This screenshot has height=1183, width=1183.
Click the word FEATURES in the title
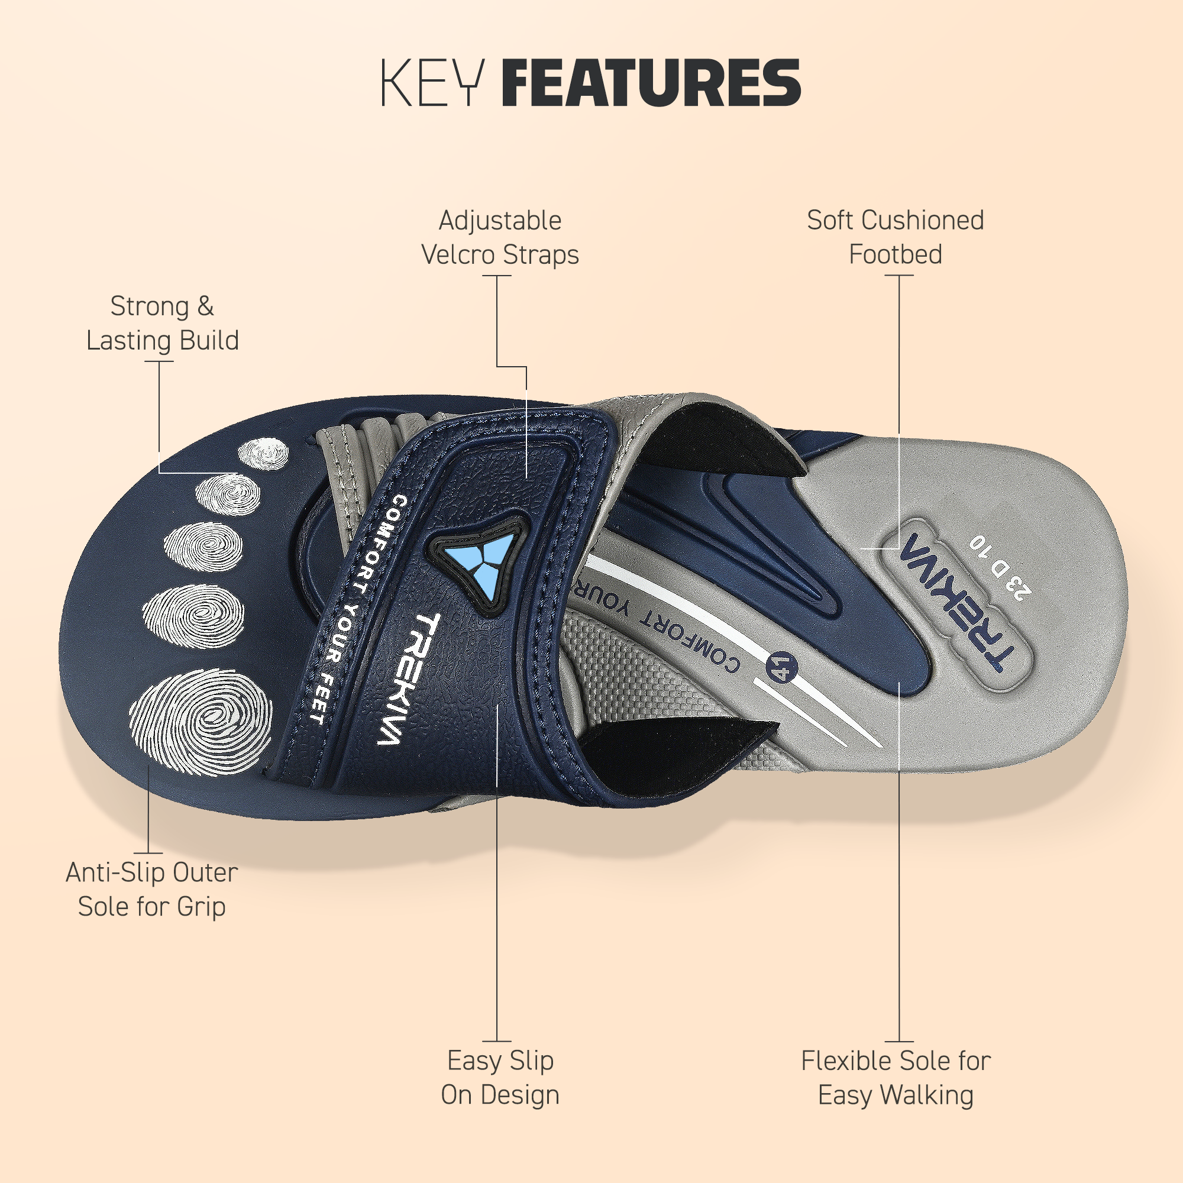[x=651, y=83]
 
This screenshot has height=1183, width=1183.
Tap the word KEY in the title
[x=433, y=83]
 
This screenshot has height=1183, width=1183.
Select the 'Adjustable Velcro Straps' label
[x=500, y=238]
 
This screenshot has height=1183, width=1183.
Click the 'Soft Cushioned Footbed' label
[x=895, y=238]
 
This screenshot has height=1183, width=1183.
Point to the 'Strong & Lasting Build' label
[x=162, y=324]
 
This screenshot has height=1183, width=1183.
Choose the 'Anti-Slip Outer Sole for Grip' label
[x=152, y=890]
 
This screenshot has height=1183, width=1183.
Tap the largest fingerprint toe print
[x=201, y=723]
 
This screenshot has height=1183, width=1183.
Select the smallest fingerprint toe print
[x=263, y=454]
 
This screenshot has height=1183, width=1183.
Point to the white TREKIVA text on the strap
[x=408, y=678]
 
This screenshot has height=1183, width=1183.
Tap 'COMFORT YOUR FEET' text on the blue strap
[x=355, y=609]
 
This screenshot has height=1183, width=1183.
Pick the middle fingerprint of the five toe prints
[x=203, y=546]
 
